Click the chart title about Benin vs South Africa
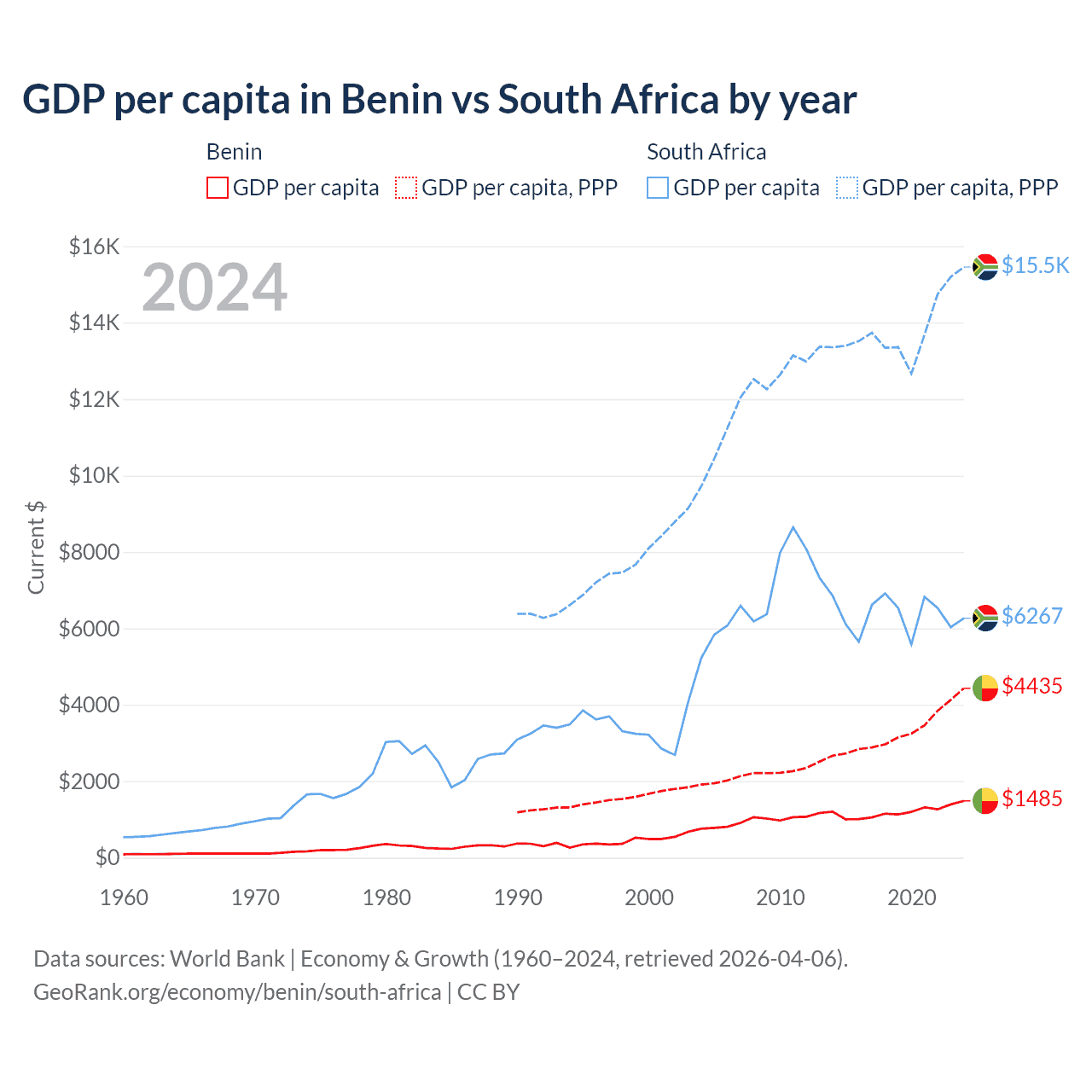439,100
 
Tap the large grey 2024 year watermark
214,288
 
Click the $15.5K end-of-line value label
1035,265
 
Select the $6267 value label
1031,616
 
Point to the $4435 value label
1031,686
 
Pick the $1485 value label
1031,799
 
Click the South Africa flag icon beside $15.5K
985,267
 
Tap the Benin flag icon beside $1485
985,800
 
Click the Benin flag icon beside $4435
985,688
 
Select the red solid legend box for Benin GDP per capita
218,188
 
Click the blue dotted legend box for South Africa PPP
848,188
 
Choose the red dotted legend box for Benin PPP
406,188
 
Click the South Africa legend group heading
706,152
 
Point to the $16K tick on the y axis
95,247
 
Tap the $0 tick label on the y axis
107,857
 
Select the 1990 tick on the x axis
518,897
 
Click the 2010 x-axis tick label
781,897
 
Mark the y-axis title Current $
36,547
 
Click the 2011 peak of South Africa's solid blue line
793,527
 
